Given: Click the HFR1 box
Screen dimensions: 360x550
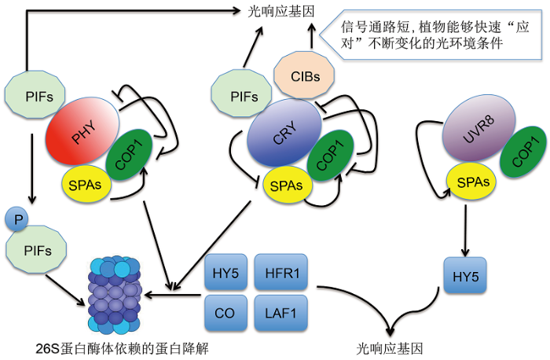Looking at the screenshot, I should (x=281, y=274).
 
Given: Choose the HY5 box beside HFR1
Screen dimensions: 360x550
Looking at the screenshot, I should (x=226, y=274).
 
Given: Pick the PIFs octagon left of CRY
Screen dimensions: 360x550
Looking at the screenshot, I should (x=239, y=97).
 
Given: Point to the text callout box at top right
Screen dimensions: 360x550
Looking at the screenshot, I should (x=434, y=32).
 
